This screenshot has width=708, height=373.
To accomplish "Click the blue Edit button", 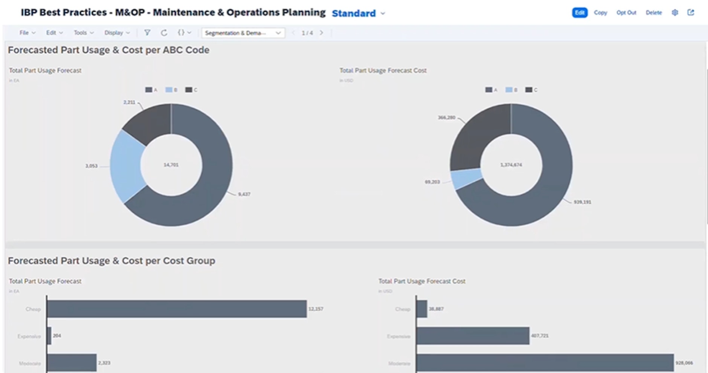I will pos(579,13).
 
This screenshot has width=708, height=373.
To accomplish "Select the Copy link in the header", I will pos(600,13).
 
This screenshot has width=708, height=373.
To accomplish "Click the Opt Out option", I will pos(626,13).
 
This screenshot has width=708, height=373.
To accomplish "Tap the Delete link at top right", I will pos(653,13).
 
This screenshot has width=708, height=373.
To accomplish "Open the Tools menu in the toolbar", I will pos(83,33).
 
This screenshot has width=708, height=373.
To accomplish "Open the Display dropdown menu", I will pos(117,33).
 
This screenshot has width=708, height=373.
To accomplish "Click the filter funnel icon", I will pos(147,33).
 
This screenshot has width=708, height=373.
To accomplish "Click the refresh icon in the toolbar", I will pos(164,33).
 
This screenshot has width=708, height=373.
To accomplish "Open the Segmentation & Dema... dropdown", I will pos(243,33).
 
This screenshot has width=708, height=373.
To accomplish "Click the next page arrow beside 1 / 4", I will pos(322,33).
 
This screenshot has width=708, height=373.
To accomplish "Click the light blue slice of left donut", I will pos(126,166).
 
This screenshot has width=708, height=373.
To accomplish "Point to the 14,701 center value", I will pos(171,165).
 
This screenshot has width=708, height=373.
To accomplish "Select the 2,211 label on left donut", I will pos(129,102).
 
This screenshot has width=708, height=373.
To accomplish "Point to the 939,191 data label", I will pos(582,202).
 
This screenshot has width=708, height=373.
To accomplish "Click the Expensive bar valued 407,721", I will pos(473,336).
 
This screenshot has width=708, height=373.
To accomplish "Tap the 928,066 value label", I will pos(684,363).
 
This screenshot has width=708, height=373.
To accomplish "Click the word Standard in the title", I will pos(354,14).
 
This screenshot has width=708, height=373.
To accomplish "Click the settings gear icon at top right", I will pos(674,13).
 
